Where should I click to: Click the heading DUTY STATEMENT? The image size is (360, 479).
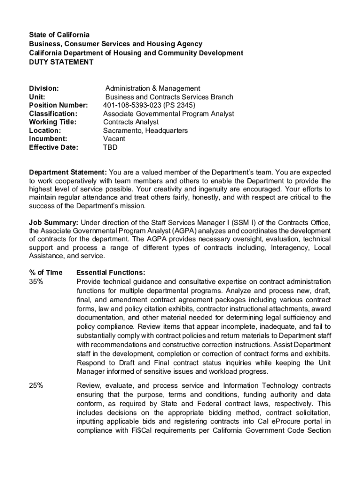point(61,62)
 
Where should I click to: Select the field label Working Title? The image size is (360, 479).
point(53,122)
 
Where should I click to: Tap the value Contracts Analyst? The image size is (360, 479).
point(131,122)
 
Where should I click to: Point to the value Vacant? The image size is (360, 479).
point(114,139)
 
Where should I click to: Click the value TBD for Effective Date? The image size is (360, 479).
point(110,147)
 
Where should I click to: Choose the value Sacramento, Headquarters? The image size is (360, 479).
point(145,131)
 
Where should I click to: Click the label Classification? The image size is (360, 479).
point(53,114)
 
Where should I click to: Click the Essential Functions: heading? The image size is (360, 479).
point(110,273)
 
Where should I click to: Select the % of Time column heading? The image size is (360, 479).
point(46,273)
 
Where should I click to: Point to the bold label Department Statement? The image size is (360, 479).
point(68,172)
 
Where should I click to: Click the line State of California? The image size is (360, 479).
point(59,35)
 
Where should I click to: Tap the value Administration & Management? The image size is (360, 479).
point(152,88)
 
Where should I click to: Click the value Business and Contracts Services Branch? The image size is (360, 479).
point(169,97)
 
